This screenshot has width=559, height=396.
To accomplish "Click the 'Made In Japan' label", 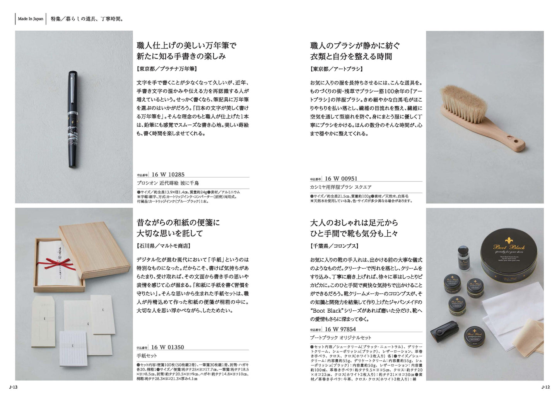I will point(31,19).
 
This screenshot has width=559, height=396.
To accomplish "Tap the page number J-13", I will point(13,387).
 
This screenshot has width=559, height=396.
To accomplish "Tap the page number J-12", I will point(545,387).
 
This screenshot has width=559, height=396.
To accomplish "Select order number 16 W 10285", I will point(168,174).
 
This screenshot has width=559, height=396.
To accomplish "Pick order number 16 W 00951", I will point(341,179).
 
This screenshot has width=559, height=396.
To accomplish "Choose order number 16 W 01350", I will point(168,347).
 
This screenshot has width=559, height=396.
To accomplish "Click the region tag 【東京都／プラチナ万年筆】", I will point(167,69).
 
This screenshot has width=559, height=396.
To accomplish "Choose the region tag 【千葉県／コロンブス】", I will point(334,246).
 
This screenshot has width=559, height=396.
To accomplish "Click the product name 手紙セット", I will point(147,356).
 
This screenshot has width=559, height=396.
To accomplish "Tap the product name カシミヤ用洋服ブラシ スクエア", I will point(340,187).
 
